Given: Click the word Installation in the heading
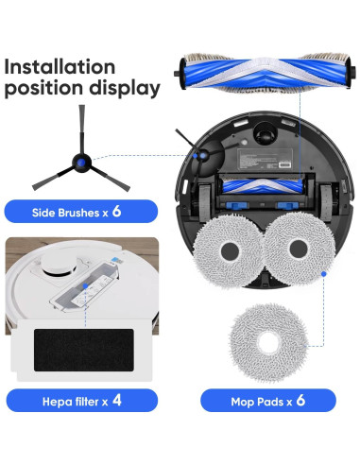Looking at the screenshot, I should point(60,68).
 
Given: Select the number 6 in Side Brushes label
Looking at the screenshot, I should point(116,210).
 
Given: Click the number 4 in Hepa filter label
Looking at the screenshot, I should point(116,399).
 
